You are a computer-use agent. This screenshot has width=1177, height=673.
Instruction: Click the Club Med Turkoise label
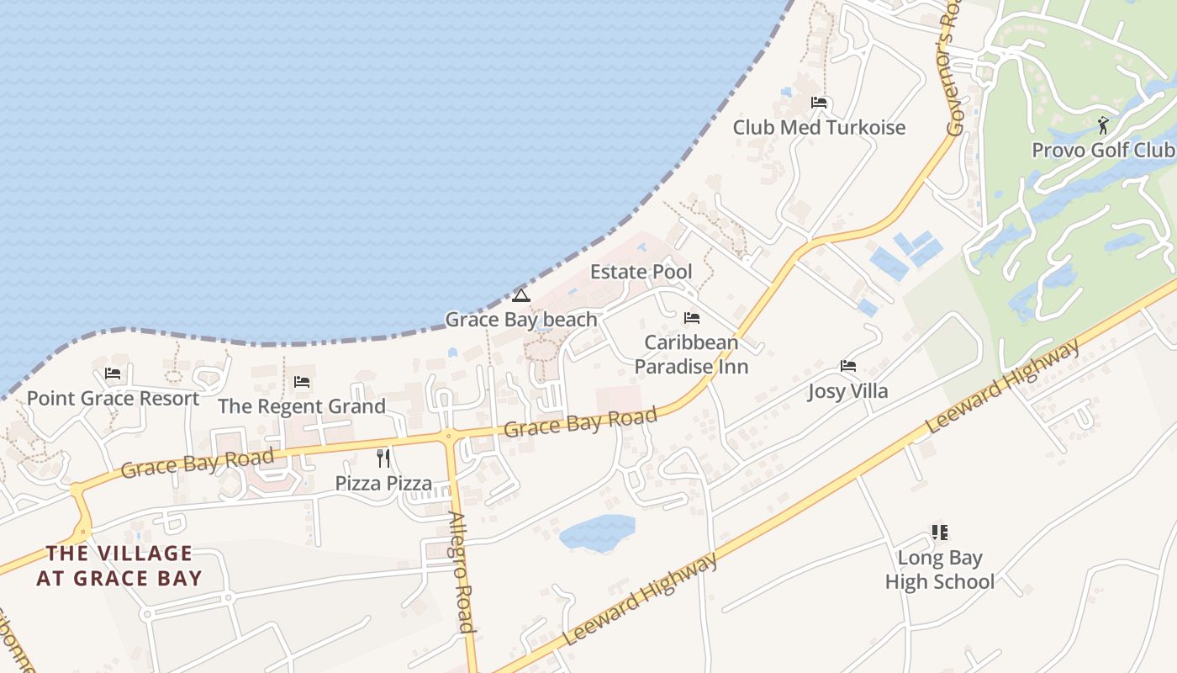coord(819,128)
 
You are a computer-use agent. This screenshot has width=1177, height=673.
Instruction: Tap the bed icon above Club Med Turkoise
coord(819,103)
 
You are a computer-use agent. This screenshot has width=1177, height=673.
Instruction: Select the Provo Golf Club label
coord(1102,150)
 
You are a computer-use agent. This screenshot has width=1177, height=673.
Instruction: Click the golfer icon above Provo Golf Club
coord(1103,125)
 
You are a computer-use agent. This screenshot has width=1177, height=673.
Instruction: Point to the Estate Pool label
coord(641,272)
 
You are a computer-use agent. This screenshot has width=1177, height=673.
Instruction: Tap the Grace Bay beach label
coord(520,320)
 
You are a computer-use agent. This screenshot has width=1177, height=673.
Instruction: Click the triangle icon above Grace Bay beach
coord(521,295)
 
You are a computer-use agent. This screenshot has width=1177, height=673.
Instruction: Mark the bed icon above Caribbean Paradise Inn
coord(692,318)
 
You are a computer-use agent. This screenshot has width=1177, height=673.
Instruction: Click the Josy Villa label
coord(847,391)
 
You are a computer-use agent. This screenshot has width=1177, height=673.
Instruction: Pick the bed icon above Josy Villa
coord(848,366)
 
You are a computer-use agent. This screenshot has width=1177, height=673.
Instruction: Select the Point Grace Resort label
coord(113,398)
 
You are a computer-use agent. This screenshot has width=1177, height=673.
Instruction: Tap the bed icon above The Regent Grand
coord(302,382)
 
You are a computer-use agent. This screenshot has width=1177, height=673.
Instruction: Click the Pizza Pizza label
coord(383,484)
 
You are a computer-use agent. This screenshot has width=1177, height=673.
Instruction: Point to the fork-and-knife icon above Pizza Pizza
coord(383,458)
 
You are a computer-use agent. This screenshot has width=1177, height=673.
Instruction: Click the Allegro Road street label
coord(461,572)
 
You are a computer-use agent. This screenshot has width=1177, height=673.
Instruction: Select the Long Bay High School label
coord(939,570)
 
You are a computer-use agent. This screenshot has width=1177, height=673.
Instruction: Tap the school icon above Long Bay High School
coord(940,533)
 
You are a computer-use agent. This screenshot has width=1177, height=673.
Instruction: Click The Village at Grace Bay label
coord(119,565)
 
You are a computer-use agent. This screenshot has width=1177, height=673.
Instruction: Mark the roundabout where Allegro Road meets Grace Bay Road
coord(448,435)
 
